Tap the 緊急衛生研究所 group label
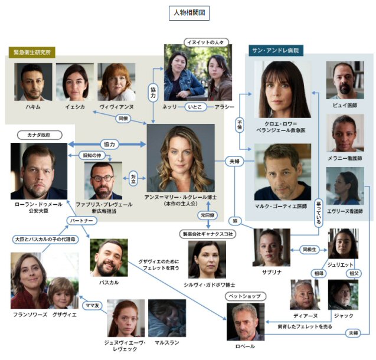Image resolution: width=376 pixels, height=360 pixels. coord(33,53)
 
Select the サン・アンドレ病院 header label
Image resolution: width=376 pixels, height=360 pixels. coord(274,51)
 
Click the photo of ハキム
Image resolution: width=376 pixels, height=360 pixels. coord(34,81)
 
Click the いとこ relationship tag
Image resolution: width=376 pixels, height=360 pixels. coord(195,107)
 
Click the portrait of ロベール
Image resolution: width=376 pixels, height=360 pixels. coord(246,321)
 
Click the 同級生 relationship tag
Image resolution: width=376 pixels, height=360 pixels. coord(311,249)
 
